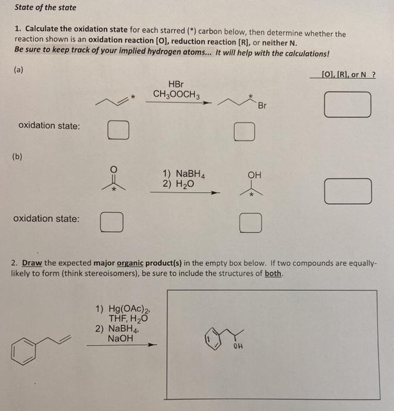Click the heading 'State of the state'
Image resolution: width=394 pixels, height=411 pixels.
[x=46, y=8]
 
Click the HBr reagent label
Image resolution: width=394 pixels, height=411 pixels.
[x=176, y=84]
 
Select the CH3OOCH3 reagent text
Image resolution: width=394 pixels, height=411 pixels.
[x=176, y=94]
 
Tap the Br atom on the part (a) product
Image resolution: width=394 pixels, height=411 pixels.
[x=261, y=106]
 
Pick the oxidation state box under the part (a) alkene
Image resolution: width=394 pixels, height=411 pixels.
[x=118, y=130]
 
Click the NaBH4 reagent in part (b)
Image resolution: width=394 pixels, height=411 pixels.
[x=186, y=174]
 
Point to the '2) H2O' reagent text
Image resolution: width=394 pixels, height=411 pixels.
[x=180, y=184]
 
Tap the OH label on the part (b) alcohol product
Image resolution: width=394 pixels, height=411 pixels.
[x=254, y=174]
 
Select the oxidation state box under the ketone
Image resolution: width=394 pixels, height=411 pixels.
[x=111, y=222]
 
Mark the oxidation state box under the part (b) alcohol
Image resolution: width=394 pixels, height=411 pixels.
[x=250, y=222]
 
